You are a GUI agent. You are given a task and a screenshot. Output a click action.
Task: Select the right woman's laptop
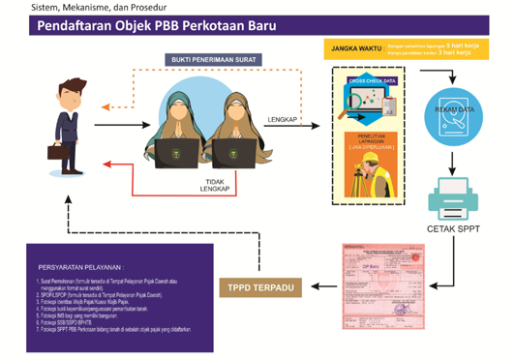(x=231, y=150)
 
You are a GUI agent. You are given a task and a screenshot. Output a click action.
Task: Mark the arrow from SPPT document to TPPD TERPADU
(x=322, y=287)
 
